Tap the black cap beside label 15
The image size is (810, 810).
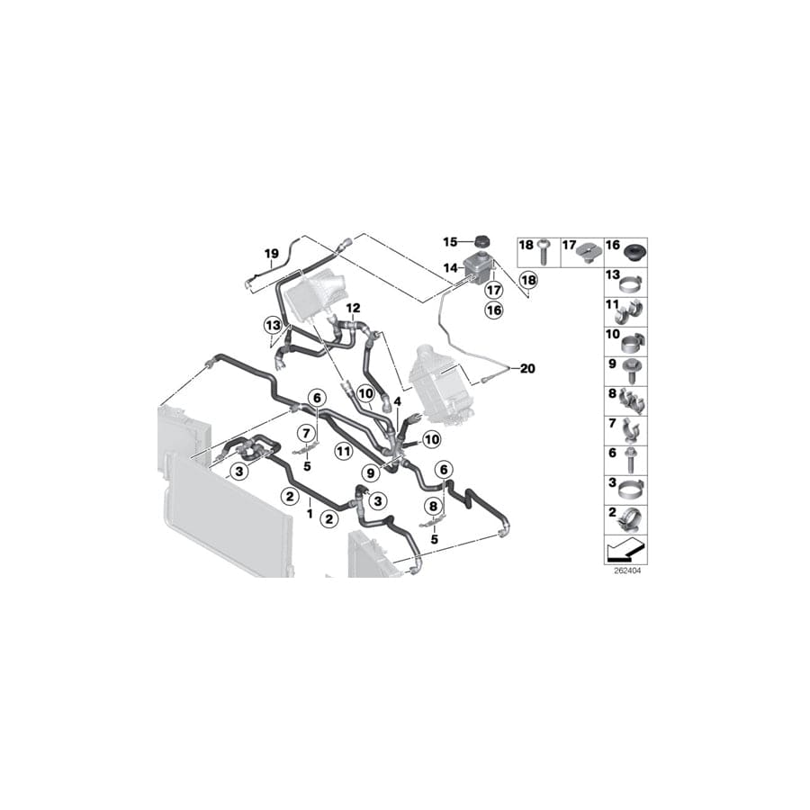[x=483, y=240]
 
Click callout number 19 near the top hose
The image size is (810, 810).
[x=269, y=254]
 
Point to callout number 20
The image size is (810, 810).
[x=527, y=367]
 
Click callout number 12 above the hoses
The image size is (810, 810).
[x=353, y=308]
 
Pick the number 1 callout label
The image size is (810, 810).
[x=310, y=513]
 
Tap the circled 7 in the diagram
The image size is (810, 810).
[x=305, y=433]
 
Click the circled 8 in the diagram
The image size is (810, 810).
[x=434, y=507]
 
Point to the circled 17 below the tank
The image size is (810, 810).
[x=493, y=291]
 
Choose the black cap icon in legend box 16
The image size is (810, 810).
[x=641, y=248]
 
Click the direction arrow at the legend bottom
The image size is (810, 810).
[x=625, y=549]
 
